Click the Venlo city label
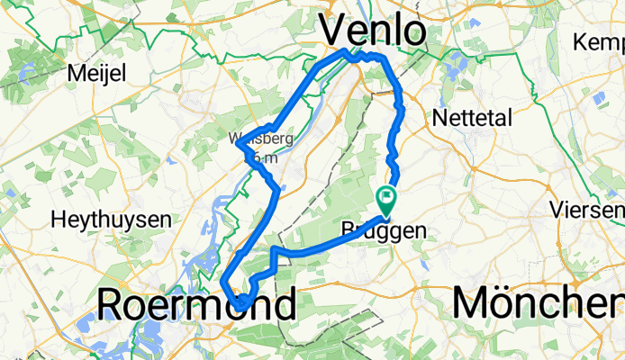tap(373, 31)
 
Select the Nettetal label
tap(471, 118)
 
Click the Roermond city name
tap(195, 304)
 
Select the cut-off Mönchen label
tap(538, 303)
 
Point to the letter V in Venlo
tap(335, 31)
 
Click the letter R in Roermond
tap(110, 304)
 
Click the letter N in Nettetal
tap(439, 118)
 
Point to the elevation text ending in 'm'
tap(265, 157)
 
